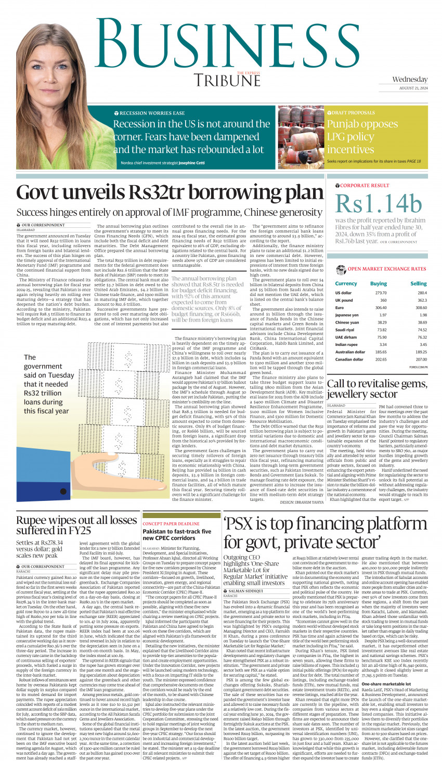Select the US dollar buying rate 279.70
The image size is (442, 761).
(x=381, y=293)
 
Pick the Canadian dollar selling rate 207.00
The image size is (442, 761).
(x=421, y=359)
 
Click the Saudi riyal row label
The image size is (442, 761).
(x=346, y=330)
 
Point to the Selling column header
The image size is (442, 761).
(x=418, y=283)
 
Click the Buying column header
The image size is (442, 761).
(x=378, y=283)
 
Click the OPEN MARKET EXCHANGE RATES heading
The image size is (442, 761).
(x=387, y=269)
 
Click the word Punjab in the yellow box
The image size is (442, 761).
(x=344, y=124)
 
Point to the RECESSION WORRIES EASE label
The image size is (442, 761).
(x=152, y=113)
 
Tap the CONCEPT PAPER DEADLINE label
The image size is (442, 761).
(x=171, y=524)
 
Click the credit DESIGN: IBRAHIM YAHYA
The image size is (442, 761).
(x=302, y=502)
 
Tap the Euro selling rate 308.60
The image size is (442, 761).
(x=421, y=307)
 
